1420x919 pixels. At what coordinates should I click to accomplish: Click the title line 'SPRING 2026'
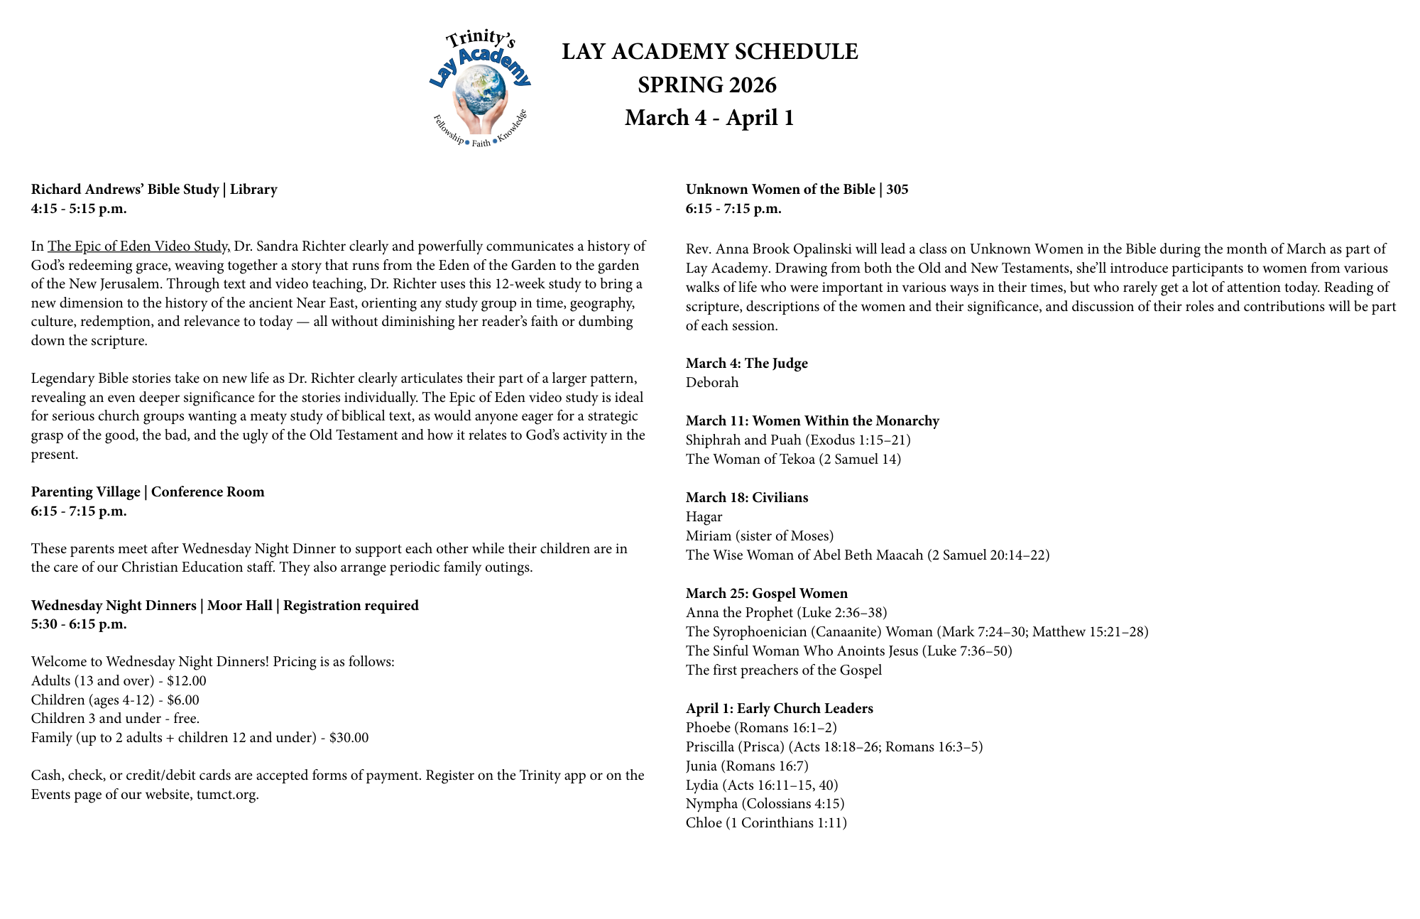[707, 85]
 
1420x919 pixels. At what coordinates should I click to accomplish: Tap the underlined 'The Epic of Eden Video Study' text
[138, 246]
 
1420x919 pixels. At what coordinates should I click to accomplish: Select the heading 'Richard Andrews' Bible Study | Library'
[154, 189]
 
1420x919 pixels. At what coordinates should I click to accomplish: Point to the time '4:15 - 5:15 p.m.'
[79, 208]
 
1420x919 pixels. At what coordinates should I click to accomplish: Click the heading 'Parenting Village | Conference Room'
[148, 491]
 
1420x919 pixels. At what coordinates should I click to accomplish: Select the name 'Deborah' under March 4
[712, 382]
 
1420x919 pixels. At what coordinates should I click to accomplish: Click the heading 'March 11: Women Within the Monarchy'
[812, 420]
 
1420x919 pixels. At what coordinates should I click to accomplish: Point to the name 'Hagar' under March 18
[704, 516]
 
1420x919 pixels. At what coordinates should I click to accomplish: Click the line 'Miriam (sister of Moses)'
[760, 535]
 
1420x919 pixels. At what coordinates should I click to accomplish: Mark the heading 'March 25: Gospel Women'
[767, 593]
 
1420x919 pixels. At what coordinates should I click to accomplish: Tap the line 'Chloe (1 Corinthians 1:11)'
[766, 822]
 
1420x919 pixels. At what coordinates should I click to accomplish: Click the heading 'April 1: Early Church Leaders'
[780, 708]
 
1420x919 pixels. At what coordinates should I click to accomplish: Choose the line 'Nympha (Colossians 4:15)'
[765, 803]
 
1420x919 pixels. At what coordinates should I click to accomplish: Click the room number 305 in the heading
[897, 189]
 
